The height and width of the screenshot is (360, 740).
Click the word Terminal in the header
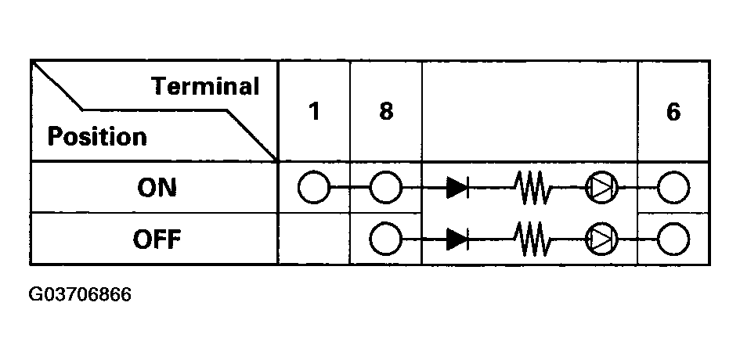pos(206,86)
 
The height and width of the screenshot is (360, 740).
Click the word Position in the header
pos(97,137)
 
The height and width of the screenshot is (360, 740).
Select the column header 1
pos(314,112)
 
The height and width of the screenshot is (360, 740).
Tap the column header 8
pos(386,112)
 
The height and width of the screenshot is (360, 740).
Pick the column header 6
pos(673,112)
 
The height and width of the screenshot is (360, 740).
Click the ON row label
pos(157,188)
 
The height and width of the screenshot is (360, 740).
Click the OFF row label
pos(157,239)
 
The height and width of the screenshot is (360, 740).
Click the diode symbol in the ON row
pos(457,188)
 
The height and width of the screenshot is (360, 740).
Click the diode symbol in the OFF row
pos(457,239)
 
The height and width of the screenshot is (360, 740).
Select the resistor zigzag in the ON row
pos(532,188)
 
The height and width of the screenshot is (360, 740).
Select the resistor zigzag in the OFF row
pos(532,239)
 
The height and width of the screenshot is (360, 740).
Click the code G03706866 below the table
pos(80,295)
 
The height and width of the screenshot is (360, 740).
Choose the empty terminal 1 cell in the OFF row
pos(314,238)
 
